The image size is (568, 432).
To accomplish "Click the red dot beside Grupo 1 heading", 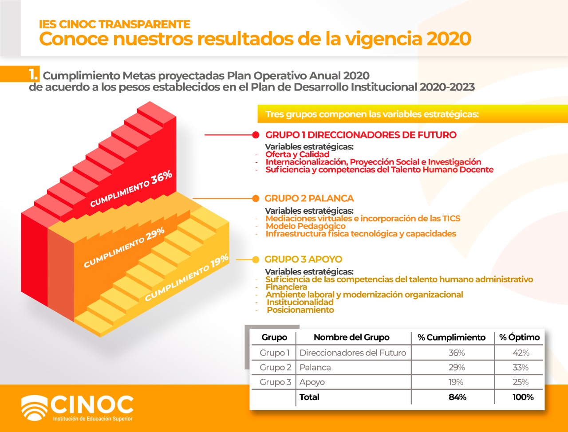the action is point(256,135).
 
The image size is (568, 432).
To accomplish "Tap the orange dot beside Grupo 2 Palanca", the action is point(256,199).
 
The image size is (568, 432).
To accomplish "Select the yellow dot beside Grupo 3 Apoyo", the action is point(256,259).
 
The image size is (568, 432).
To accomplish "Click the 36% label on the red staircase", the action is point(162,177).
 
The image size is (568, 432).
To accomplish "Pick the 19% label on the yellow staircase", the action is point(220,261).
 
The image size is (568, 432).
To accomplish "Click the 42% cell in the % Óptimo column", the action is point(521,353).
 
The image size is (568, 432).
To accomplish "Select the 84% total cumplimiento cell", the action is point(457,397).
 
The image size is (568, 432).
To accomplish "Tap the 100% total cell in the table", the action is point(523,397).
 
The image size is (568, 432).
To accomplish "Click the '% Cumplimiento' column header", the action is point(452,337).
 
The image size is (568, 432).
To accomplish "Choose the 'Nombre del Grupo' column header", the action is point(351,337).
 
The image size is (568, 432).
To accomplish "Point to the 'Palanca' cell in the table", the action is point(315,367).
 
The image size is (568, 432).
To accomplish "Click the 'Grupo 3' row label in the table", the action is point(275,382).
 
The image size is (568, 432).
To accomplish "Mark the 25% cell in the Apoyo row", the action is point(521,382).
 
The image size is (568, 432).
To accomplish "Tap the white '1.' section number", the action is point(33,75).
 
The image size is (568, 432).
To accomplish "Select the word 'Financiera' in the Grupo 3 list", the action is point(286,287).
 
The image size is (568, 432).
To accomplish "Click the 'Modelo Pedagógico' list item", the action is point(306,226).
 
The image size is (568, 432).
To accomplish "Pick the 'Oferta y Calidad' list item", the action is point(297,154).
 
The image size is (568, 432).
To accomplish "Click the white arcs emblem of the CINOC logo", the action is point(34,408).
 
